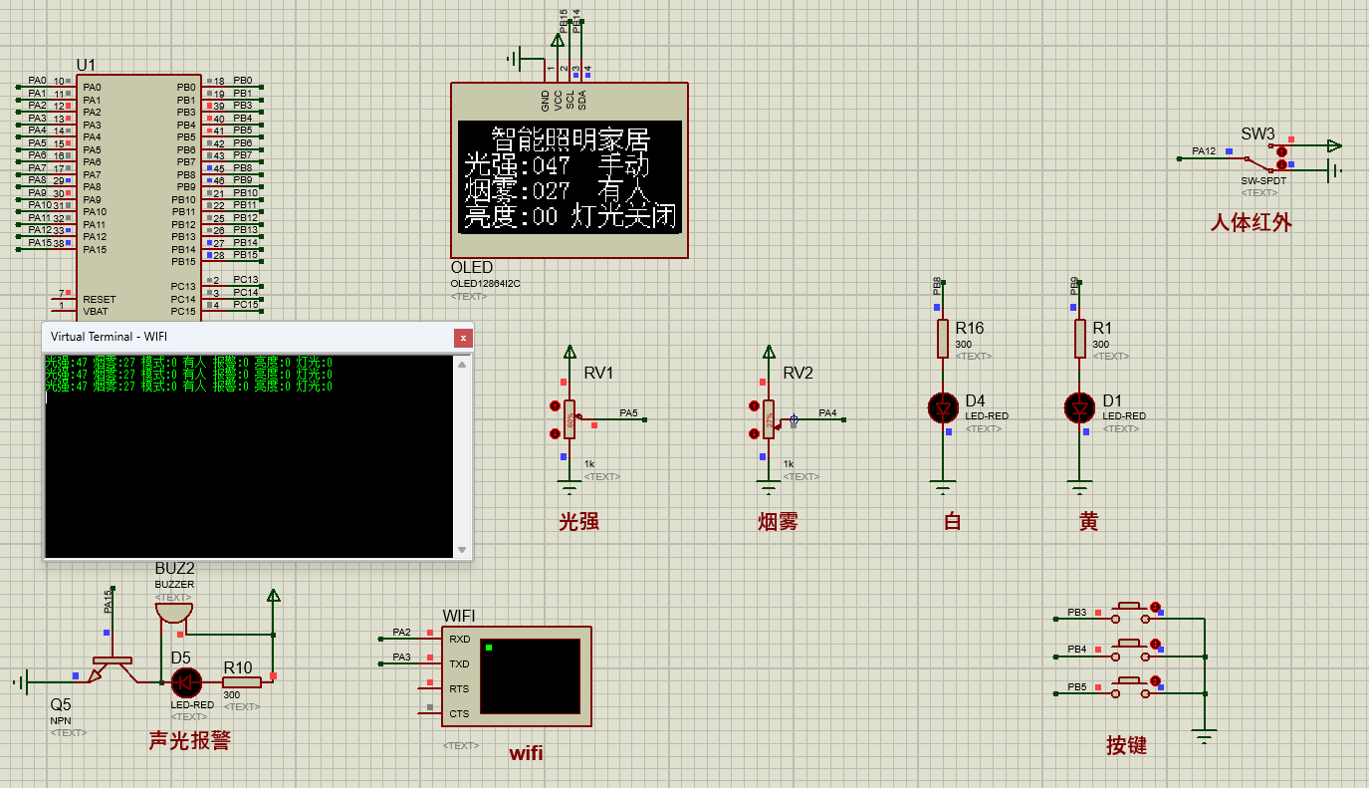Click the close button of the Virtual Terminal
click(x=462, y=338)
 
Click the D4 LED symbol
click(x=943, y=407)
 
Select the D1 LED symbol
click(x=1079, y=407)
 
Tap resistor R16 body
click(x=943, y=338)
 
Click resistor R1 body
click(x=1079, y=338)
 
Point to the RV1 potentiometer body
click(x=570, y=419)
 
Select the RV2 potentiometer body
click(x=769, y=419)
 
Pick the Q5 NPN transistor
click(x=111, y=669)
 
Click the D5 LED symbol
click(x=185, y=682)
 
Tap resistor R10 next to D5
click(x=241, y=682)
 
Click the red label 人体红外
click(x=1251, y=223)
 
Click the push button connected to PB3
click(x=1129, y=610)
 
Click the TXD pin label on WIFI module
click(x=459, y=664)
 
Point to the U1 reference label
click(x=87, y=66)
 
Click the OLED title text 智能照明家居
click(x=570, y=138)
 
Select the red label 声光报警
click(x=189, y=740)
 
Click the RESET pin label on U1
click(x=100, y=299)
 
